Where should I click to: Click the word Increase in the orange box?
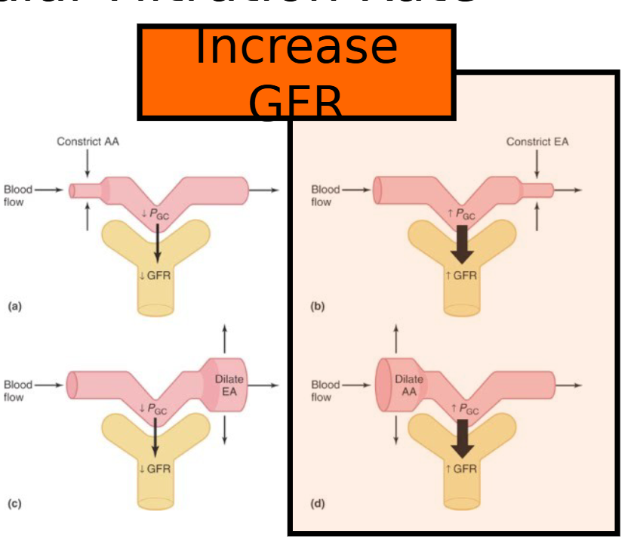pyautogui.click(x=296, y=47)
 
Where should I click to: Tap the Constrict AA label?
pyautogui.click(x=88, y=141)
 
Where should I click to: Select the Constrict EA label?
pyautogui.click(x=537, y=141)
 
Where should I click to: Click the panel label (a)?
pyautogui.click(x=14, y=307)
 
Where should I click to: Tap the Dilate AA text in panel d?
pyautogui.click(x=409, y=384)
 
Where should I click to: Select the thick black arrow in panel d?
pyautogui.click(x=459, y=440)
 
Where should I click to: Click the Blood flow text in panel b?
pyautogui.click(x=325, y=196)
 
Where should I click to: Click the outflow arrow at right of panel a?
pyautogui.click(x=264, y=190)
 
